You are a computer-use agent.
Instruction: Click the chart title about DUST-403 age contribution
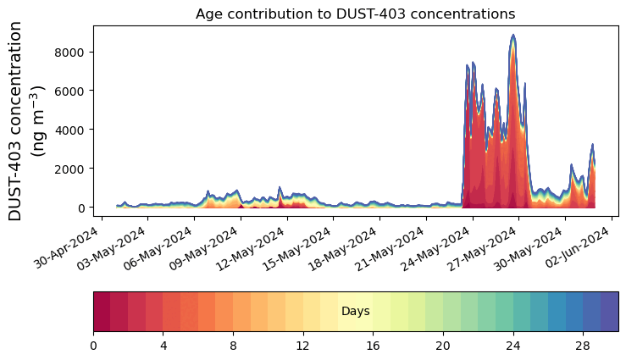pos(355,14)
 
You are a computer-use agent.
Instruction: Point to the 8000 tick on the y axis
pos(69,53)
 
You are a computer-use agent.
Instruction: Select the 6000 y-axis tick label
pos(69,91)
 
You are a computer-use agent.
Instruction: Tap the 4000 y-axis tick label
pos(69,130)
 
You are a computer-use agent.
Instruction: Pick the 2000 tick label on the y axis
pos(69,169)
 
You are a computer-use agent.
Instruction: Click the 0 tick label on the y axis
pos(80,208)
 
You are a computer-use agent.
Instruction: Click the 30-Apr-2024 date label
pos(66,247)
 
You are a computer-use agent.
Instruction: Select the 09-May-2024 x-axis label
pos(205,248)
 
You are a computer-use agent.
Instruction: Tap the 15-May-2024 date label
pos(297,248)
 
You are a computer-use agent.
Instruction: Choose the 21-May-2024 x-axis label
pos(390,248)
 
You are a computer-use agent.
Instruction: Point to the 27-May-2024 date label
pos(483,248)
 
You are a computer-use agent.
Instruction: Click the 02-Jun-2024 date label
pos(577,247)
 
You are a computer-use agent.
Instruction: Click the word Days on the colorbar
pos(355,312)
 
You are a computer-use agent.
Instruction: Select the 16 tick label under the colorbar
pos(373,346)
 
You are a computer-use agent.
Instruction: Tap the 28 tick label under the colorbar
pos(583,346)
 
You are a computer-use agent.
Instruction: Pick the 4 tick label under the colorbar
pos(163,346)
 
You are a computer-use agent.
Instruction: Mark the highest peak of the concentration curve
pos(513,35)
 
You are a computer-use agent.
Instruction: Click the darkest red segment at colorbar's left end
pos(102,312)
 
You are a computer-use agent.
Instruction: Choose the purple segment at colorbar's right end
pos(610,312)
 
